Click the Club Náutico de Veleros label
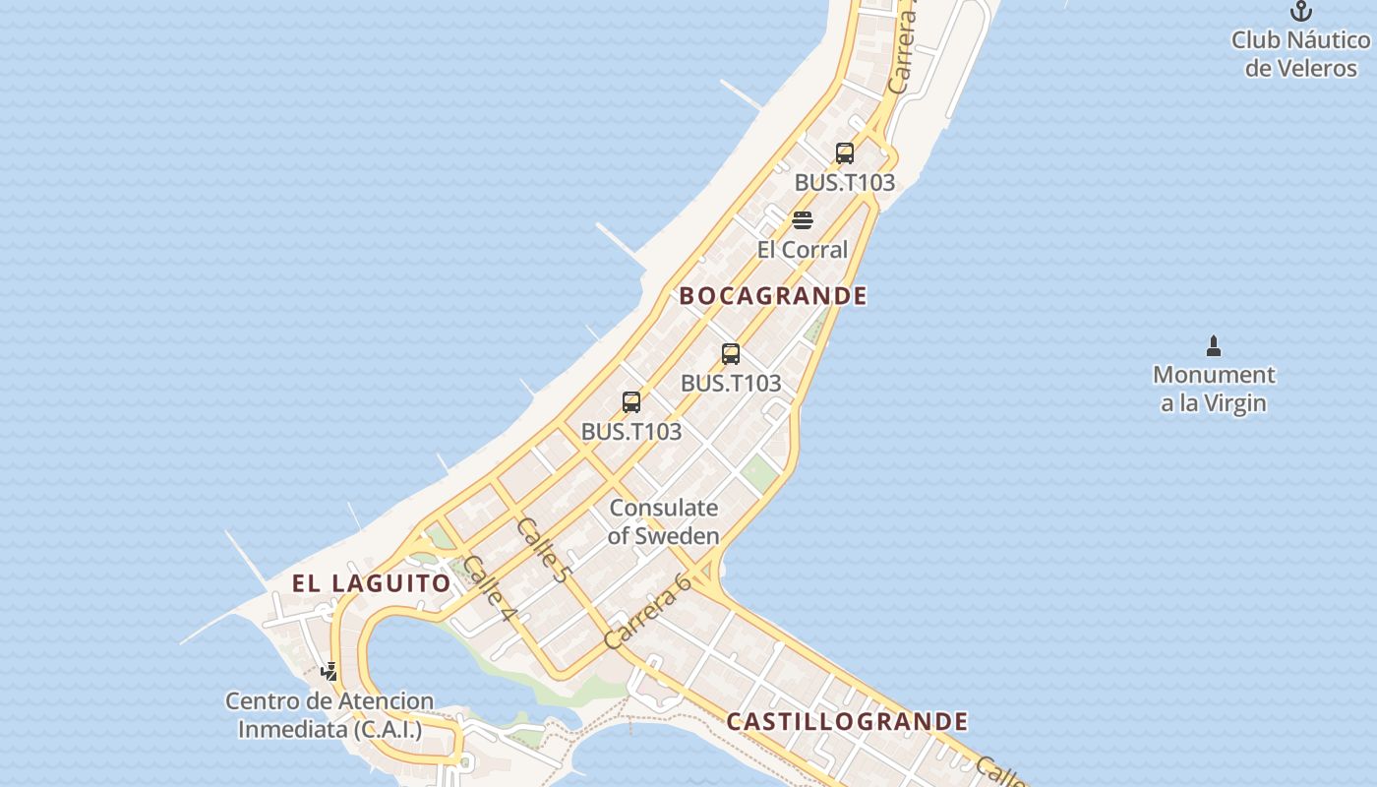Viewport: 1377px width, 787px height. (1300, 54)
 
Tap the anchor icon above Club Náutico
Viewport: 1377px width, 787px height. (1301, 12)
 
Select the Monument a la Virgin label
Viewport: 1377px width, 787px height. (1214, 389)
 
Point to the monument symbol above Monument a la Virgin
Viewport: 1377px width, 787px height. (1214, 346)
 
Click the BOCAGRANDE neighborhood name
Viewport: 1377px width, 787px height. (773, 296)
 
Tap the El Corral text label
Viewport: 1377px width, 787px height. (802, 250)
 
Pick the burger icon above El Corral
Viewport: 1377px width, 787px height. (803, 219)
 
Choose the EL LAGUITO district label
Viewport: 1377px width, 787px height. (372, 583)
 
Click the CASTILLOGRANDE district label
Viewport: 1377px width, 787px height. (847, 722)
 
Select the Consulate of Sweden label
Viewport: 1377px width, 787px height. (664, 521)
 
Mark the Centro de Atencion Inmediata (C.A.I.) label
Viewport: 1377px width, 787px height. (329, 715)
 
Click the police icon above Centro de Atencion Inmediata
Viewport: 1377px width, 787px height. (329, 672)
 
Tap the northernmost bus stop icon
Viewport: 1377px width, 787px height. (845, 153)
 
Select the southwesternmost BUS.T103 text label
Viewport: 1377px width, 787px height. (631, 432)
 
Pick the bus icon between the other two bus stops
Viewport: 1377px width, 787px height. (731, 354)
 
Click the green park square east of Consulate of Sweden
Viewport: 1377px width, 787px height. (758, 473)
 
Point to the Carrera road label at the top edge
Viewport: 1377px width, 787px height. (903, 54)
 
